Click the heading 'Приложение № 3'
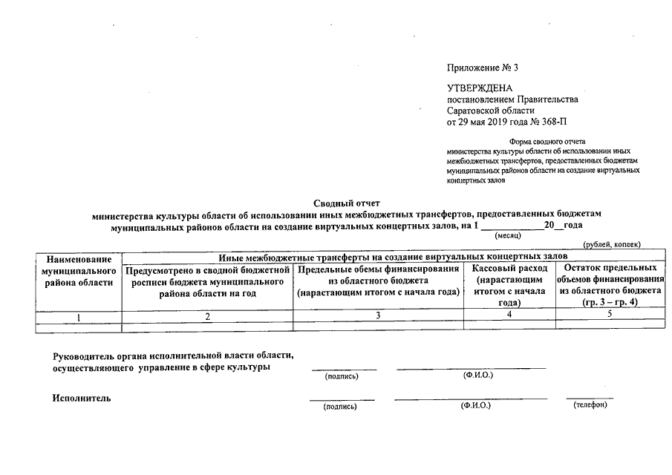482,68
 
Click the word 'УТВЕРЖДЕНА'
479,88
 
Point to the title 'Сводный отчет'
346,202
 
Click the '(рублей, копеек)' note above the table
612,244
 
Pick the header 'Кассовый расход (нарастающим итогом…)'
509,285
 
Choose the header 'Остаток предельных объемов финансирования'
610,285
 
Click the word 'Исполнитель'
82,399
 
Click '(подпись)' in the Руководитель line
342,376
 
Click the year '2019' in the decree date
504,121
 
